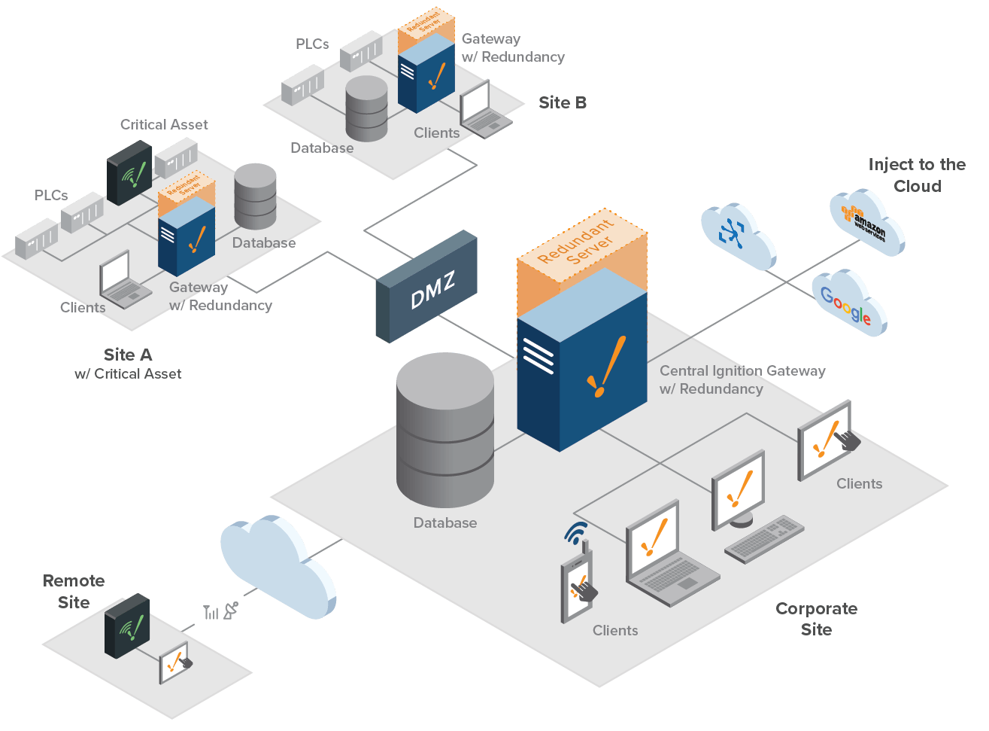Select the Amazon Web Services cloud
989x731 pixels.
866,223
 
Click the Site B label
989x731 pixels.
562,103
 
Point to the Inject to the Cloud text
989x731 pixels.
917,175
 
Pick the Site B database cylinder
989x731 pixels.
367,109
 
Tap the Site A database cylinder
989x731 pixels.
256,196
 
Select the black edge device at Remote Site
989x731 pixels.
127,626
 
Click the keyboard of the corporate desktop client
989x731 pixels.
764,538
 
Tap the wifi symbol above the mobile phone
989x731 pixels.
576,532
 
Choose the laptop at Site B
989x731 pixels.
483,111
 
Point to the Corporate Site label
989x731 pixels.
816,618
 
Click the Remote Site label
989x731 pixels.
74,591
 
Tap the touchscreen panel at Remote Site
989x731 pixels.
175,662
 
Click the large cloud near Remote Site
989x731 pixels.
277,565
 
